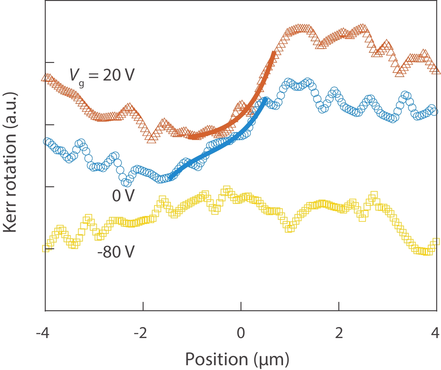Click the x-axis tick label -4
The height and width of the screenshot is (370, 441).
point(43,334)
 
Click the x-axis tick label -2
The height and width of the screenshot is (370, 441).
point(140,334)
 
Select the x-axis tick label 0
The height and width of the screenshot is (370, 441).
point(241,334)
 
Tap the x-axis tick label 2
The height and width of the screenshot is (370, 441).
point(339,334)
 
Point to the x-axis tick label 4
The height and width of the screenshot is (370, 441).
point(435,334)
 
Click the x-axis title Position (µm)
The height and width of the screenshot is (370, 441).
point(237,359)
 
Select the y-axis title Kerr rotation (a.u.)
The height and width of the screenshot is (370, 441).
point(10,162)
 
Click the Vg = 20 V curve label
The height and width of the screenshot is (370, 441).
point(102,76)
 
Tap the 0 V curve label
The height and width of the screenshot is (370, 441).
point(123,196)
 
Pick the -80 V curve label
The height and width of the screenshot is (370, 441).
point(116,252)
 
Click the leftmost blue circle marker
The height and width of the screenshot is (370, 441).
point(47,142)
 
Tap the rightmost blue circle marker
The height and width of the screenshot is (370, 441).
point(434,111)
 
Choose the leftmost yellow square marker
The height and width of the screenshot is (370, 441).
point(46,249)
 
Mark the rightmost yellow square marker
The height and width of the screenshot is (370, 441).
point(436,242)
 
